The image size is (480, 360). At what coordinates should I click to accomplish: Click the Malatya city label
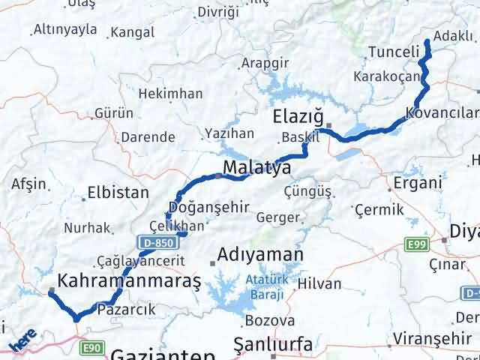(256, 167)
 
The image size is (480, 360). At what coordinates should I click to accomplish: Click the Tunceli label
(393, 52)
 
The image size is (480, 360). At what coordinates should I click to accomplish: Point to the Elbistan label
(118, 192)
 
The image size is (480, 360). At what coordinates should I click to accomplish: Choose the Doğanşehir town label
(187, 208)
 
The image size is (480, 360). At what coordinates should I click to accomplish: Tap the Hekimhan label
(172, 94)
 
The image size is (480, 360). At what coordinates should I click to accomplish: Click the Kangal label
(133, 33)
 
